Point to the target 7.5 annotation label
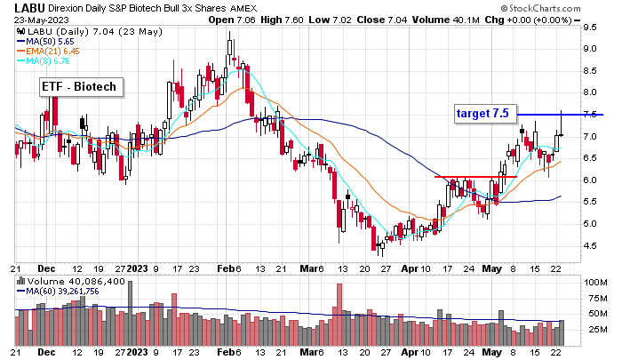pyautogui.click(x=482, y=113)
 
